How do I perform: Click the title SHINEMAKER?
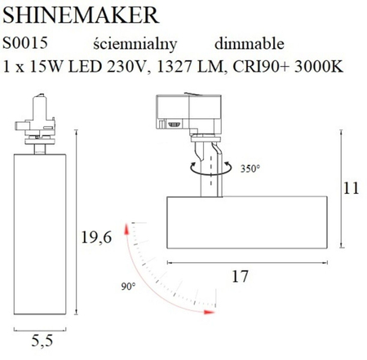coord(73,14)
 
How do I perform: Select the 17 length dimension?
coord(239,276)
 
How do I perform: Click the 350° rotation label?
coord(250,169)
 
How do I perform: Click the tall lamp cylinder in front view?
coord(35,236)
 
